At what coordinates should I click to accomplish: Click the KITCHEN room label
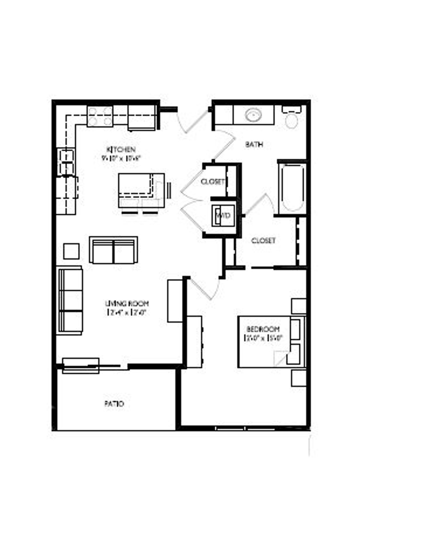coord(121,149)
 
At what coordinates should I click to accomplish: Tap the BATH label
coord(254,144)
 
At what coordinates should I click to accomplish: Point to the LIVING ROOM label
coord(127,303)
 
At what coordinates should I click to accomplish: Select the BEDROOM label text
coord(263,329)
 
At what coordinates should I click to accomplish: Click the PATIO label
coord(114,404)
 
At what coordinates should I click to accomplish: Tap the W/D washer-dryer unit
coord(223,215)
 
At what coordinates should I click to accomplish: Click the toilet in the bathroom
coord(292,118)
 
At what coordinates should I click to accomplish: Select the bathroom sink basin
coord(253,115)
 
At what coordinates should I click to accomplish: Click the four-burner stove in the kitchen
coord(100,116)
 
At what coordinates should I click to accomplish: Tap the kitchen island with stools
coord(141,190)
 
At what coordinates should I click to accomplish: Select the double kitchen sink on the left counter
coord(66,162)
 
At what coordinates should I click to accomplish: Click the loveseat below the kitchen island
coord(114,250)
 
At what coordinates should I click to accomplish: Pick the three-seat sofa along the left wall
coord(70,300)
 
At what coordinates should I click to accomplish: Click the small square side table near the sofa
coord(71,251)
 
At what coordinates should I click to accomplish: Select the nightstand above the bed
coord(298,306)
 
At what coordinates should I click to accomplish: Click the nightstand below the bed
coord(298,378)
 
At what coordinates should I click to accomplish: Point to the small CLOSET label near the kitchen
coord(213,181)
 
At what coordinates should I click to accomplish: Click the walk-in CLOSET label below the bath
coord(263,241)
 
